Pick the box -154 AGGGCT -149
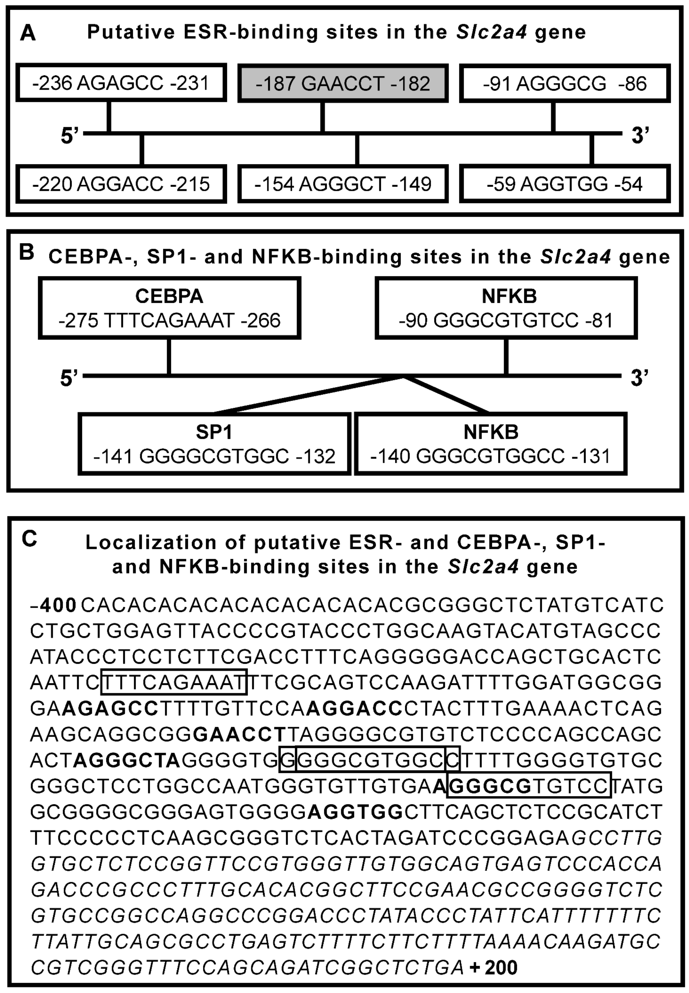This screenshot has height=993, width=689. [343, 184]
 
